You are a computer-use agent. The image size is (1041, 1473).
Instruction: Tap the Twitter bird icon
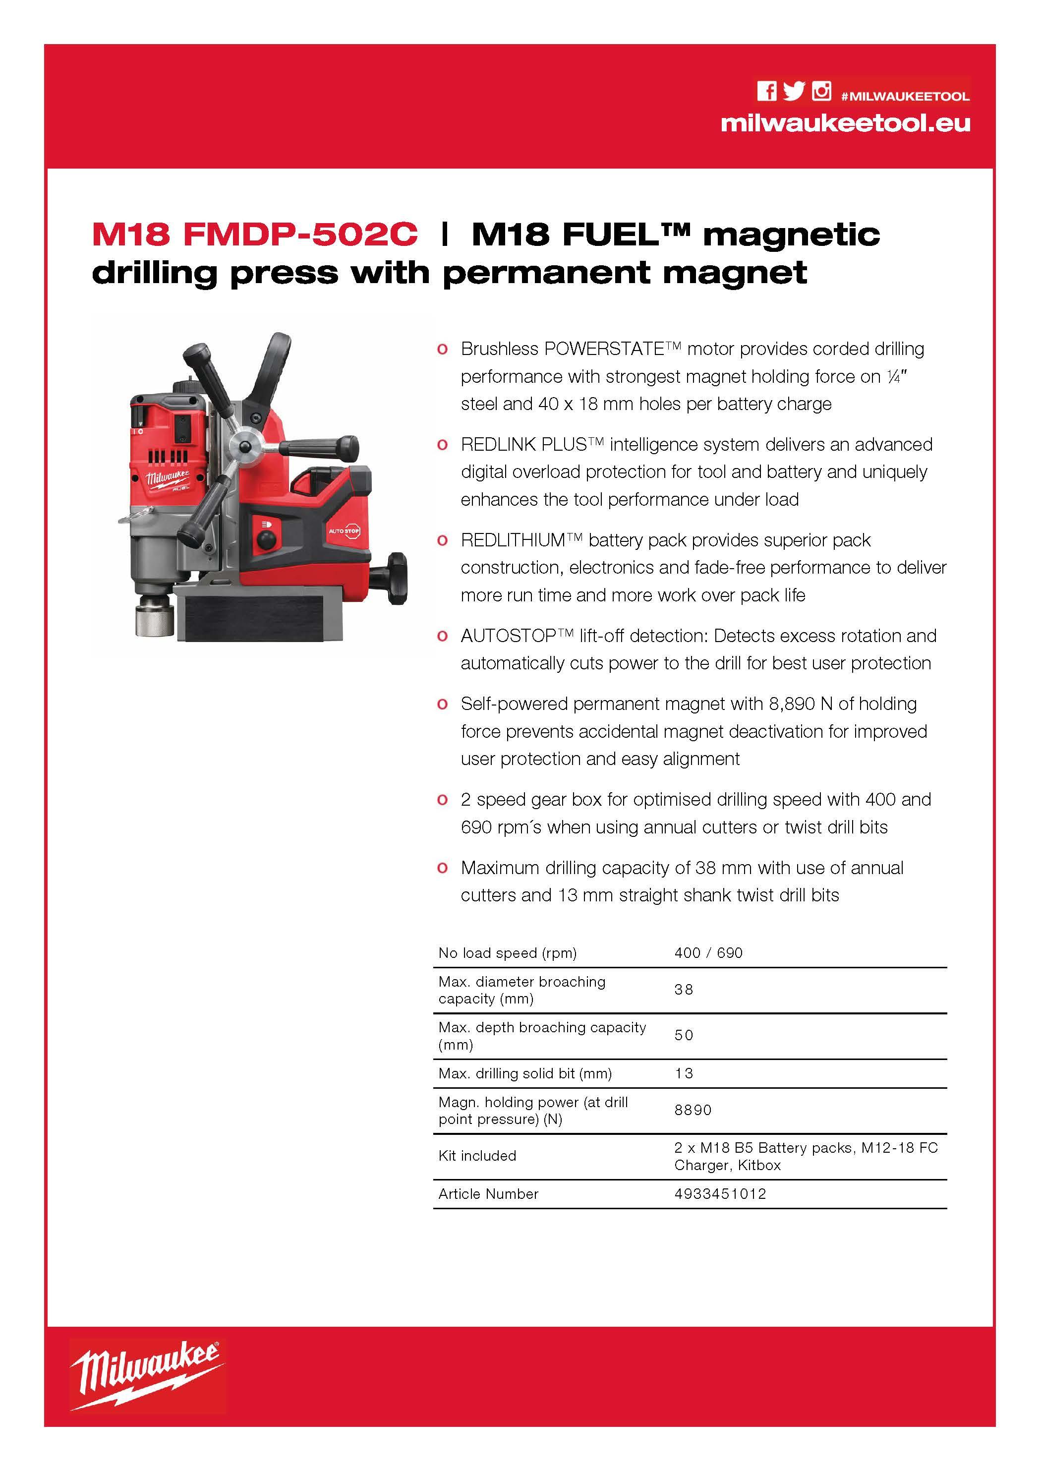[x=794, y=91]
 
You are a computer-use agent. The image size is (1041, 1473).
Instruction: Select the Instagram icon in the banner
[x=821, y=91]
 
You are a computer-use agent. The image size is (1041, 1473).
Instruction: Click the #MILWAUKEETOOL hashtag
[x=905, y=96]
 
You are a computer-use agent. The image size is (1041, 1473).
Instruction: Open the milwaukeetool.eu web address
[x=845, y=122]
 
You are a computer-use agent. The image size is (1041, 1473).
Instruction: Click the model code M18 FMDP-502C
[x=255, y=234]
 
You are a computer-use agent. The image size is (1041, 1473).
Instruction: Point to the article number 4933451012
[x=720, y=1194]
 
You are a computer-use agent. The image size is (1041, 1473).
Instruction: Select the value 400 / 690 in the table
[x=708, y=953]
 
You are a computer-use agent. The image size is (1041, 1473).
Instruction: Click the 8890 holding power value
[x=693, y=1110]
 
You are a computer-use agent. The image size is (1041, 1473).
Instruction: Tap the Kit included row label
[x=477, y=1155]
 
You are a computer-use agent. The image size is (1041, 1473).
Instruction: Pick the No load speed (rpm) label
[x=507, y=953]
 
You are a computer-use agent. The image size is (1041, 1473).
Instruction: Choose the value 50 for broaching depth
[x=684, y=1035]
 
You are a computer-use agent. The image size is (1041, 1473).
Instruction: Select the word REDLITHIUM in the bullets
[x=513, y=540]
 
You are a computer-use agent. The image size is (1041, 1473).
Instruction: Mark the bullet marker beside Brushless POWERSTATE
[x=442, y=349]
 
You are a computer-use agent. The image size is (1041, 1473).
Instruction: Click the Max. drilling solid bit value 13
[x=684, y=1073]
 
